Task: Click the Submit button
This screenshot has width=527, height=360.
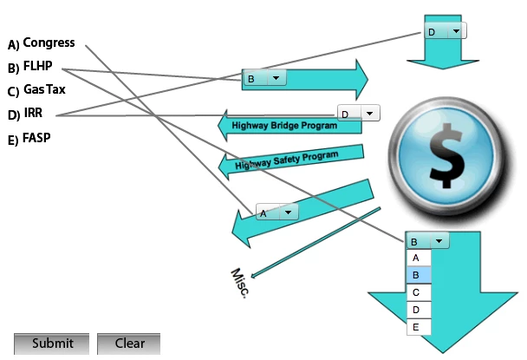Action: pyautogui.click(x=51, y=344)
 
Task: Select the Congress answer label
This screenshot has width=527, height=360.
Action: pyautogui.click(x=49, y=42)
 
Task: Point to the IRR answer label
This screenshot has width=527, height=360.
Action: pyautogui.click(x=33, y=113)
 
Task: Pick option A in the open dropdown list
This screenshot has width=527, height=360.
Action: pyautogui.click(x=418, y=258)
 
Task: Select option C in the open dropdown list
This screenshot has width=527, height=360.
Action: pyautogui.click(x=418, y=292)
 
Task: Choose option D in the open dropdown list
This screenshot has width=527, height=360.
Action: pyautogui.click(x=418, y=310)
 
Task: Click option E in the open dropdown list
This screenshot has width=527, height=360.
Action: pyautogui.click(x=418, y=327)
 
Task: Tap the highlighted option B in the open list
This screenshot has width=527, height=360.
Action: pyautogui.click(x=418, y=275)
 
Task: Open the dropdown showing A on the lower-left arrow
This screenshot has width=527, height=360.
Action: pyautogui.click(x=277, y=212)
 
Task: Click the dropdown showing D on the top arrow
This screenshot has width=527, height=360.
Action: pyautogui.click(x=445, y=31)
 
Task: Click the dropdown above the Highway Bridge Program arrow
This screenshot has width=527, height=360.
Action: pyautogui.click(x=358, y=114)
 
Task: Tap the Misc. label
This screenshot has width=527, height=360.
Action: pyautogui.click(x=240, y=283)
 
